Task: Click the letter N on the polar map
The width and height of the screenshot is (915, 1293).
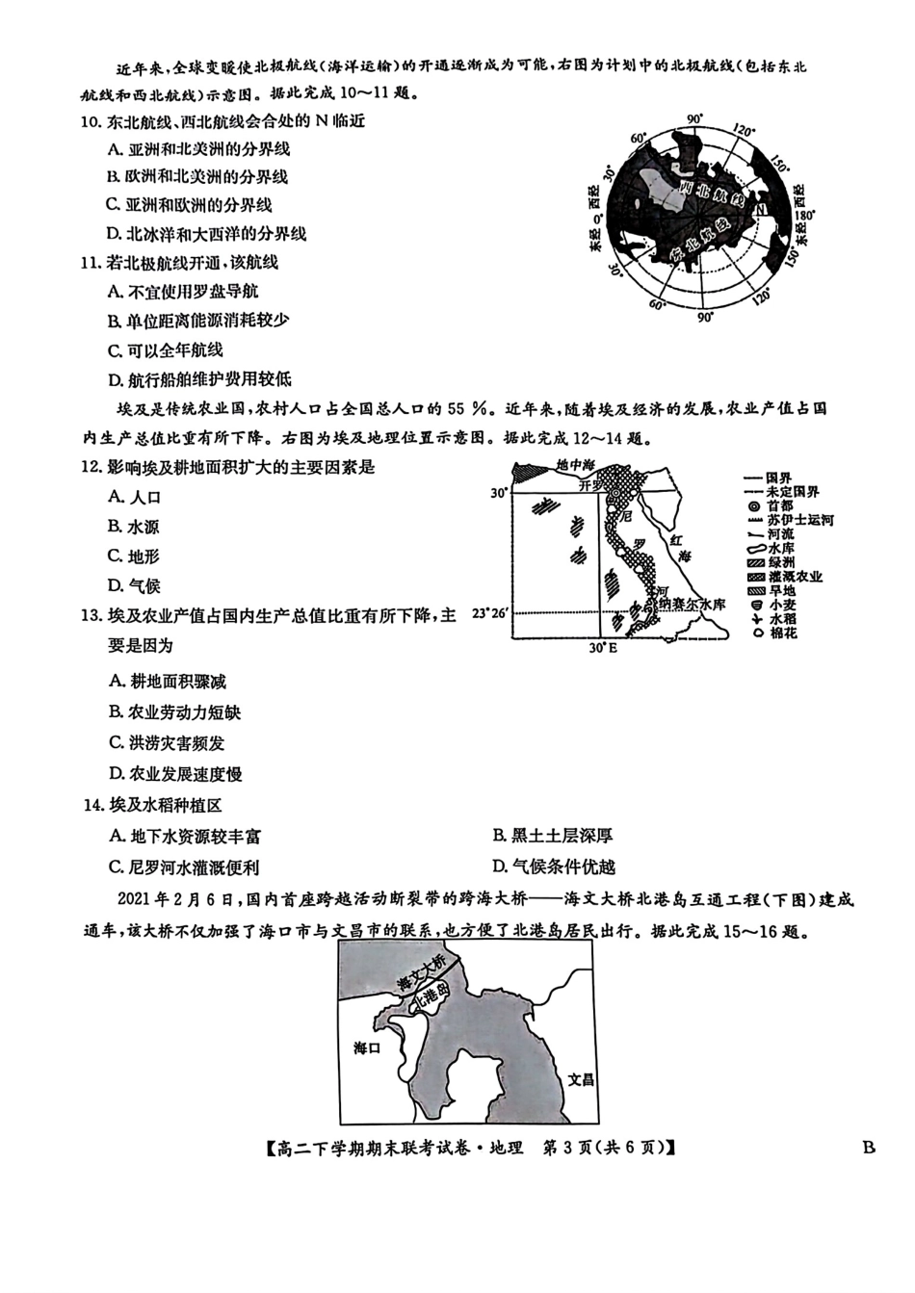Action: pyautogui.click(x=760, y=209)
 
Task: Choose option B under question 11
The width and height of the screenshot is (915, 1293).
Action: pyautogui.click(x=199, y=321)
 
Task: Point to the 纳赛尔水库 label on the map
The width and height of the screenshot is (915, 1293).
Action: pyautogui.click(x=693, y=605)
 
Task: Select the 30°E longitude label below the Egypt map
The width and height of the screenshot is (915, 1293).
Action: pyautogui.click(x=603, y=648)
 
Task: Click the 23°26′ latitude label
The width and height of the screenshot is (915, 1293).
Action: pyautogui.click(x=489, y=612)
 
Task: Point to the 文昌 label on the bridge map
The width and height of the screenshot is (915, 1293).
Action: pyautogui.click(x=580, y=1080)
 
